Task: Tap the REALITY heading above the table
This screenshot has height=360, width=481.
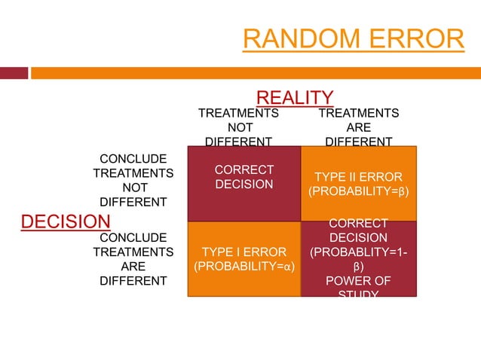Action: click(x=295, y=97)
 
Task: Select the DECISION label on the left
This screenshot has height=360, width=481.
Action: click(x=65, y=221)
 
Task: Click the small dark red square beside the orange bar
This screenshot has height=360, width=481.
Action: click(x=14, y=73)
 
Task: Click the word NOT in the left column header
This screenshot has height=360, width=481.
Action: click(x=238, y=127)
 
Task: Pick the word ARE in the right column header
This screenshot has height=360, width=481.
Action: click(x=358, y=127)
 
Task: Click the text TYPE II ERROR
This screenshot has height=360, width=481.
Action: click(x=358, y=177)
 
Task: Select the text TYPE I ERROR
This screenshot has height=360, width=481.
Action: click(x=244, y=252)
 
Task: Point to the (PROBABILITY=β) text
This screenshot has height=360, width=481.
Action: click(x=358, y=192)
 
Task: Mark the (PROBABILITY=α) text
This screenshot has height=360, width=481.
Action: click(x=244, y=267)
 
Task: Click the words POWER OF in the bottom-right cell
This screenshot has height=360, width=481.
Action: click(x=358, y=281)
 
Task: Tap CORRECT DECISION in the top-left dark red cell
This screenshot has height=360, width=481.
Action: click(x=244, y=177)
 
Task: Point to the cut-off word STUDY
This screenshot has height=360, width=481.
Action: click(x=358, y=293)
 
